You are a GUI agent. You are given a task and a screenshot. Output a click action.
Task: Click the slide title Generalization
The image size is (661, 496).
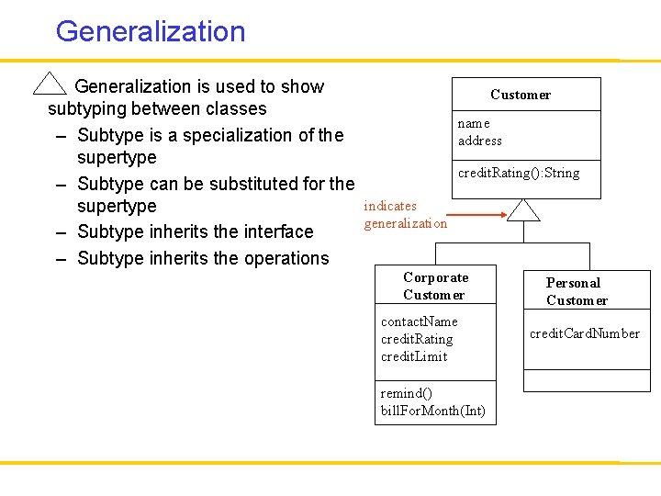pyautogui.click(x=151, y=31)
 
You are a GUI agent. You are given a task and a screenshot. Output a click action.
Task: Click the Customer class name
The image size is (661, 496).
pyautogui.click(x=521, y=95)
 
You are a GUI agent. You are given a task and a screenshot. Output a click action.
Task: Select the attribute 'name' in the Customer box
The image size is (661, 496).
pyautogui.click(x=474, y=123)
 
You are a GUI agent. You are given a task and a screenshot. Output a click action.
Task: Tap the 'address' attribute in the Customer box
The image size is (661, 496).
pyautogui.click(x=480, y=141)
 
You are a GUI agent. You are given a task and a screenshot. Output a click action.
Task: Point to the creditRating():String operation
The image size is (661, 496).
pyautogui.click(x=519, y=173)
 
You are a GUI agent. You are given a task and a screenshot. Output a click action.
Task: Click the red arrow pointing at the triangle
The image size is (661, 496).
pyautogui.click(x=479, y=215)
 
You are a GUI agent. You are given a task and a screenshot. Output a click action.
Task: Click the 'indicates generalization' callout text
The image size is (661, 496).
pyautogui.click(x=405, y=215)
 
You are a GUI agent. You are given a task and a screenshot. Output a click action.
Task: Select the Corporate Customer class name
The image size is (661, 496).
pyautogui.click(x=435, y=286)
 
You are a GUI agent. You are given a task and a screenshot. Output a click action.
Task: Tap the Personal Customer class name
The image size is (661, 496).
pyautogui.click(x=577, y=291)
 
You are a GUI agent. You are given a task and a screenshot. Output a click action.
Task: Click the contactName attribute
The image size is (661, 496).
pyautogui.click(x=419, y=321)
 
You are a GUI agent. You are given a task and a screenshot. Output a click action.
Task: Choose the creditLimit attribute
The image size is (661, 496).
pyautogui.click(x=414, y=356)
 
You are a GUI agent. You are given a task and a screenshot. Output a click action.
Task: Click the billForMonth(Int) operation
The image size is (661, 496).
pyautogui.click(x=432, y=411)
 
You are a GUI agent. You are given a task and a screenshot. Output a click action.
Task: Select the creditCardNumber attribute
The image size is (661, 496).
pyautogui.click(x=585, y=333)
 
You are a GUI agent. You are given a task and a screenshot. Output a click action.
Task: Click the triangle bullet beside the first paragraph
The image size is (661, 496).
pyautogui.click(x=49, y=84)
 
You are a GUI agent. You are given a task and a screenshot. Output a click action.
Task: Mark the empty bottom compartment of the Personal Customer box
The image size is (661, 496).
pyautogui.click(x=586, y=379)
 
